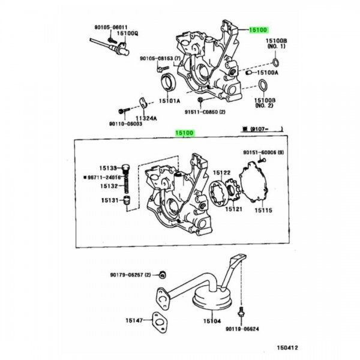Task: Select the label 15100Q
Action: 127,33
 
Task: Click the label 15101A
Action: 169,101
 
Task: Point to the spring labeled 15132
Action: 127,187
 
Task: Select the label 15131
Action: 109,200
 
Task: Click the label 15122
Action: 222,173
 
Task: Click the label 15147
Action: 134,321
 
